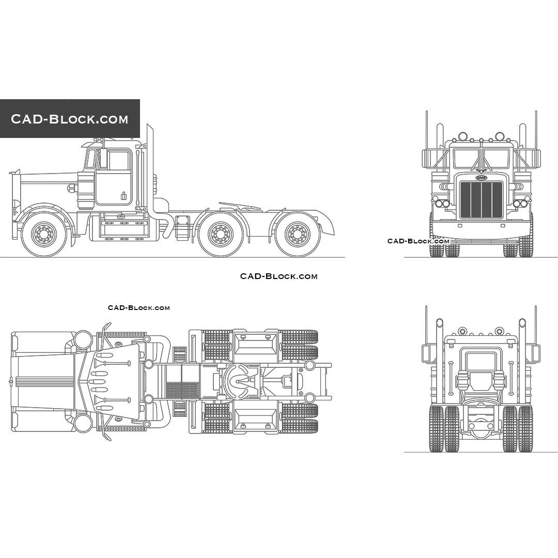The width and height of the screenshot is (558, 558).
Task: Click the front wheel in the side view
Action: coord(44,234)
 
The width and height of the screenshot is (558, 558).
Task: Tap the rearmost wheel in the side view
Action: coord(297,234)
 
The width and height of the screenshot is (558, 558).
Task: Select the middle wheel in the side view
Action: coord(221,234)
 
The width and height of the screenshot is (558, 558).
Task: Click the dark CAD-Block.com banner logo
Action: coord(70,118)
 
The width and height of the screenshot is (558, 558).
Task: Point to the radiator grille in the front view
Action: coord(481,199)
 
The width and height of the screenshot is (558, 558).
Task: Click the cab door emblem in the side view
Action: coord(123,196)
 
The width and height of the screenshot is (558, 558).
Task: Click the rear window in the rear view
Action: coord(481,361)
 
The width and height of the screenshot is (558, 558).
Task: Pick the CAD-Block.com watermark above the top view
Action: coord(139,308)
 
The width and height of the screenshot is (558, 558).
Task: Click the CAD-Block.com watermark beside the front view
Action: coord(419,241)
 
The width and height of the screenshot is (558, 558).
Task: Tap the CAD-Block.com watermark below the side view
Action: coord(278,276)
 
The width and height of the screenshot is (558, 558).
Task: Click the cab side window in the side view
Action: coord(119,161)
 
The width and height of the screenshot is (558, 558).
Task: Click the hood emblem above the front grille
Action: coord(481,177)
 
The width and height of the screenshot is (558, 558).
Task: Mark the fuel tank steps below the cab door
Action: coord(124,229)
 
